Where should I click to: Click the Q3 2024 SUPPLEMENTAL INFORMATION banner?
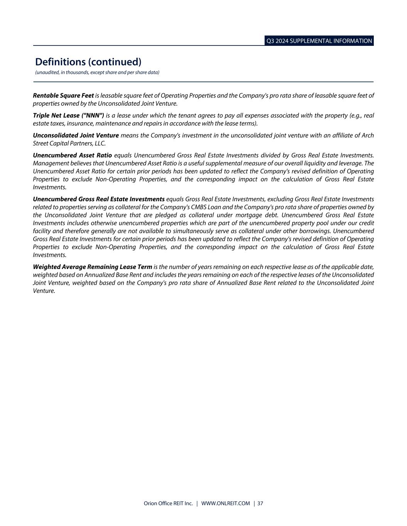click(319, 41)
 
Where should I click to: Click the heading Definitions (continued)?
click(88, 62)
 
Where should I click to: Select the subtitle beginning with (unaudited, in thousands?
click(97, 72)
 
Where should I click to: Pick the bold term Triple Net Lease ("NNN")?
click(69, 116)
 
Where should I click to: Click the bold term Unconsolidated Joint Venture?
click(76, 136)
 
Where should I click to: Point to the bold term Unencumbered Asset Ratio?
click(73, 155)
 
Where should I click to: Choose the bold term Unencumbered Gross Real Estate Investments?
click(99, 199)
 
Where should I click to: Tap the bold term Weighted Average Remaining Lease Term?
click(93, 267)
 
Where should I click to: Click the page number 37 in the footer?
click(260, 504)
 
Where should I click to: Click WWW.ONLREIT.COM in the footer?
click(226, 504)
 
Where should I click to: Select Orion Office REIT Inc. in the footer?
click(168, 504)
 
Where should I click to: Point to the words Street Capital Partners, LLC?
click(69, 143)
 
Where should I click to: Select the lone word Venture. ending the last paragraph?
click(44, 291)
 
